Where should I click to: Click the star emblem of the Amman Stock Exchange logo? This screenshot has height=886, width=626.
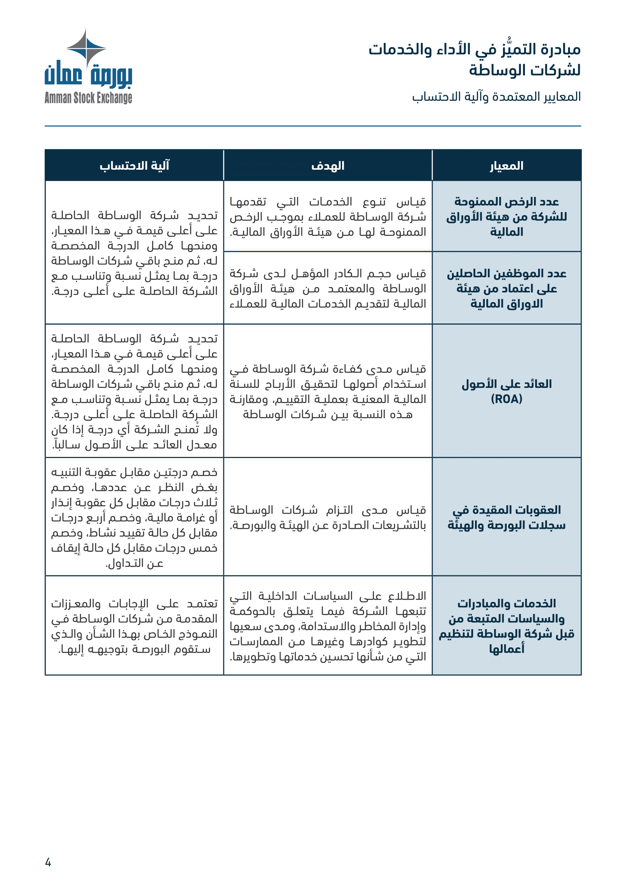(x=86, y=48)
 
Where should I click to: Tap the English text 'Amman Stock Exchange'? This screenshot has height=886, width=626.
(x=88, y=98)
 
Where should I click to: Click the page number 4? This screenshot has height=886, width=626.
(x=48, y=862)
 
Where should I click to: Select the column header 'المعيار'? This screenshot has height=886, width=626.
(x=506, y=166)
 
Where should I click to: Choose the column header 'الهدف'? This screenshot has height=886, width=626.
(x=328, y=166)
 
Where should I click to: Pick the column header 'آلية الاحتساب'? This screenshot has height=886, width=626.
(x=134, y=166)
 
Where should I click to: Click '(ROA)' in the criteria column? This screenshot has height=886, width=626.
(x=506, y=399)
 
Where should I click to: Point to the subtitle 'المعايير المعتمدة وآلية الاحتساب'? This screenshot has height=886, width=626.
(x=496, y=97)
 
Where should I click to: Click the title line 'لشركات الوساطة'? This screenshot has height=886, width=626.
(x=525, y=70)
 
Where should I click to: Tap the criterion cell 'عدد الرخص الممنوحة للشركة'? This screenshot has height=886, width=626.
(x=506, y=217)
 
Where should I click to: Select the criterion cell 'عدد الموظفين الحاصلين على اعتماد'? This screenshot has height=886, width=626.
(x=506, y=288)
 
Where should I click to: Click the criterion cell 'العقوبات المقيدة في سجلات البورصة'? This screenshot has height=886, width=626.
(x=506, y=517)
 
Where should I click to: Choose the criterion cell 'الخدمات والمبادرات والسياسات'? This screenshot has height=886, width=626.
(x=506, y=625)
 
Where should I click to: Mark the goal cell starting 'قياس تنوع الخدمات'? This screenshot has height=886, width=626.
(x=328, y=217)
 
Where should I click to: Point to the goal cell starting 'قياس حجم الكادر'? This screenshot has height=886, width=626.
(x=328, y=288)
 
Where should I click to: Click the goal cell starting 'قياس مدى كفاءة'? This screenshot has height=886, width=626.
(x=328, y=391)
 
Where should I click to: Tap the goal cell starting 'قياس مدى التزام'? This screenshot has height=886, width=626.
(x=328, y=517)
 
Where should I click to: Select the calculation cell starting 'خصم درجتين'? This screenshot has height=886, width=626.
(x=134, y=517)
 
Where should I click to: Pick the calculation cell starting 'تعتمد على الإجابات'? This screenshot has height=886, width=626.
(x=134, y=625)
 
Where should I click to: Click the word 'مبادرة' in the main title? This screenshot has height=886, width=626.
(x=561, y=49)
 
